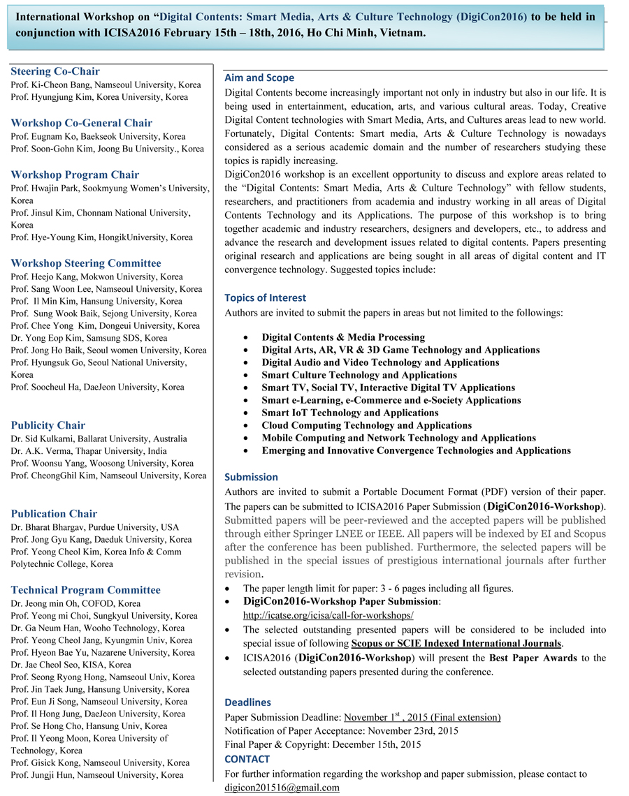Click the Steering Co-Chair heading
coord(55,71)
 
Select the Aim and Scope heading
coord(259,78)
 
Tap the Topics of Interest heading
coord(265,297)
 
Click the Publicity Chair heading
coord(48,425)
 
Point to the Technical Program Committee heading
coord(86,590)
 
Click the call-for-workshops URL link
coord(328,615)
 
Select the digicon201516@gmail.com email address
coord(282,788)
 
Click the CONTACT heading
coord(247,759)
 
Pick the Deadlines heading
coord(247,702)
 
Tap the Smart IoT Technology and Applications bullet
coord(350,413)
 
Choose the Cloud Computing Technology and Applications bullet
coord(366,425)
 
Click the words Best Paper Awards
coord(533,658)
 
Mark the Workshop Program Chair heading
coord(75,175)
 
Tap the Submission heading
coord(251,478)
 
